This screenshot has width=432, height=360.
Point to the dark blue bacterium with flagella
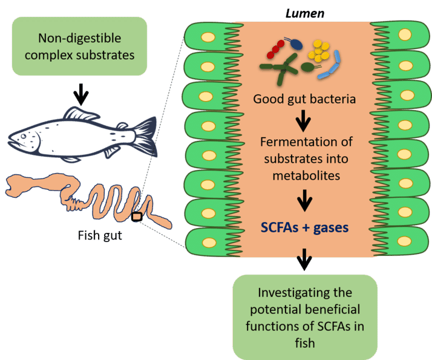pos(296,44)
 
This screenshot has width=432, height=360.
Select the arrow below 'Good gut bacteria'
pos(303,123)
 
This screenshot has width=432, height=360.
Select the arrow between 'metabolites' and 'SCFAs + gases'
pos(303,200)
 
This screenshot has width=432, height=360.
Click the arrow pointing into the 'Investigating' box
pos(303,260)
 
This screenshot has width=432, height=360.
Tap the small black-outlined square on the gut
pos(137,217)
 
